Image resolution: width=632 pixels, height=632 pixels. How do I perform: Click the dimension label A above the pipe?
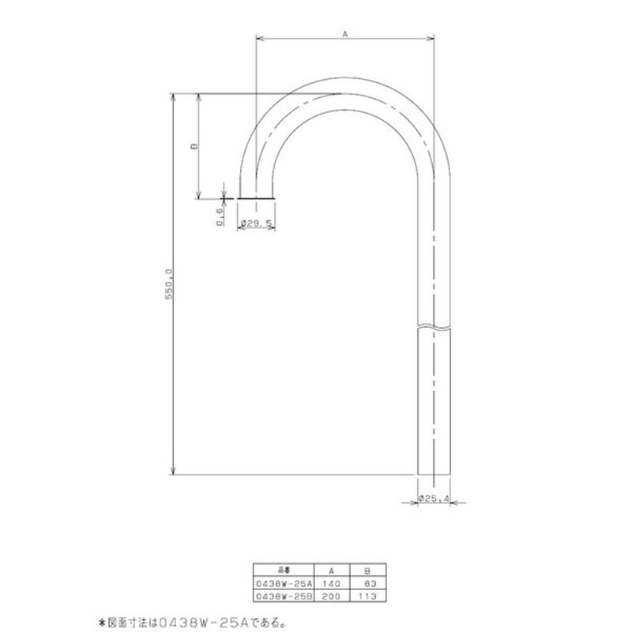point(345,34)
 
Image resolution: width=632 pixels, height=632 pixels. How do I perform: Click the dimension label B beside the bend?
point(193,145)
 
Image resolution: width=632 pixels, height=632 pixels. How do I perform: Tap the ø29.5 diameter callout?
point(257,223)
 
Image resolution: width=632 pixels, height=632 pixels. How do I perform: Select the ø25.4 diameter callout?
point(434,498)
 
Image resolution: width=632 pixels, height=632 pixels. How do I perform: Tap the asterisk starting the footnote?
point(101,621)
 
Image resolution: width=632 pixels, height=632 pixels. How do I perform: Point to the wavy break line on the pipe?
point(434,325)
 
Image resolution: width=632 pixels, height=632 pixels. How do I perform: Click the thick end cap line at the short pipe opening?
point(257,197)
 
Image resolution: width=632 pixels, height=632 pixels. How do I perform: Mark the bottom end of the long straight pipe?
point(434,474)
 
